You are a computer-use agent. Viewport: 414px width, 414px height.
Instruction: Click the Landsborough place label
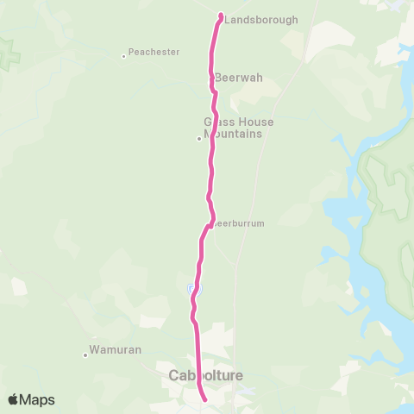[261, 20]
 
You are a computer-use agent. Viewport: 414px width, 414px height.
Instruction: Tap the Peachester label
[154, 52]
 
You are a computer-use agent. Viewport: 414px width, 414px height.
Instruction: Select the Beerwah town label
[239, 78]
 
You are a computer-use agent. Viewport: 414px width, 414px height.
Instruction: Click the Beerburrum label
[238, 223]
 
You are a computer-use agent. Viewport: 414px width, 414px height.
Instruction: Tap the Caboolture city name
[206, 375]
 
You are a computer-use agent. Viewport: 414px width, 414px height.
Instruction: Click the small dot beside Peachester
[124, 56]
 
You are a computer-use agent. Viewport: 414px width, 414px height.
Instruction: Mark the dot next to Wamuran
[85, 354]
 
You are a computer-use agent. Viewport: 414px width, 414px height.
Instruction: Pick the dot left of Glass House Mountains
[199, 138]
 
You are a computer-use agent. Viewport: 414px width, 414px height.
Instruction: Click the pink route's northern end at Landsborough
[221, 16]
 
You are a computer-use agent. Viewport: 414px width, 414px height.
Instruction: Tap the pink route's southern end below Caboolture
[204, 399]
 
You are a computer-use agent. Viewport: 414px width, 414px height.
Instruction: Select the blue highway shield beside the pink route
[191, 287]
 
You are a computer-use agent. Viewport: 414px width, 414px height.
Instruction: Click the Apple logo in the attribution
[13, 399]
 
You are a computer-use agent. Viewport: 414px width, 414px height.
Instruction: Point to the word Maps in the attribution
[39, 399]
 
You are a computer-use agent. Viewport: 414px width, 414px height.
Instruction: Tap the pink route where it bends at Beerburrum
[208, 226]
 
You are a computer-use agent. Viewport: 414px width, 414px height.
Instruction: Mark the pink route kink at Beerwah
[212, 87]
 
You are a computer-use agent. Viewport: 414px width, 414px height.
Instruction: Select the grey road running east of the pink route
[236, 276]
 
